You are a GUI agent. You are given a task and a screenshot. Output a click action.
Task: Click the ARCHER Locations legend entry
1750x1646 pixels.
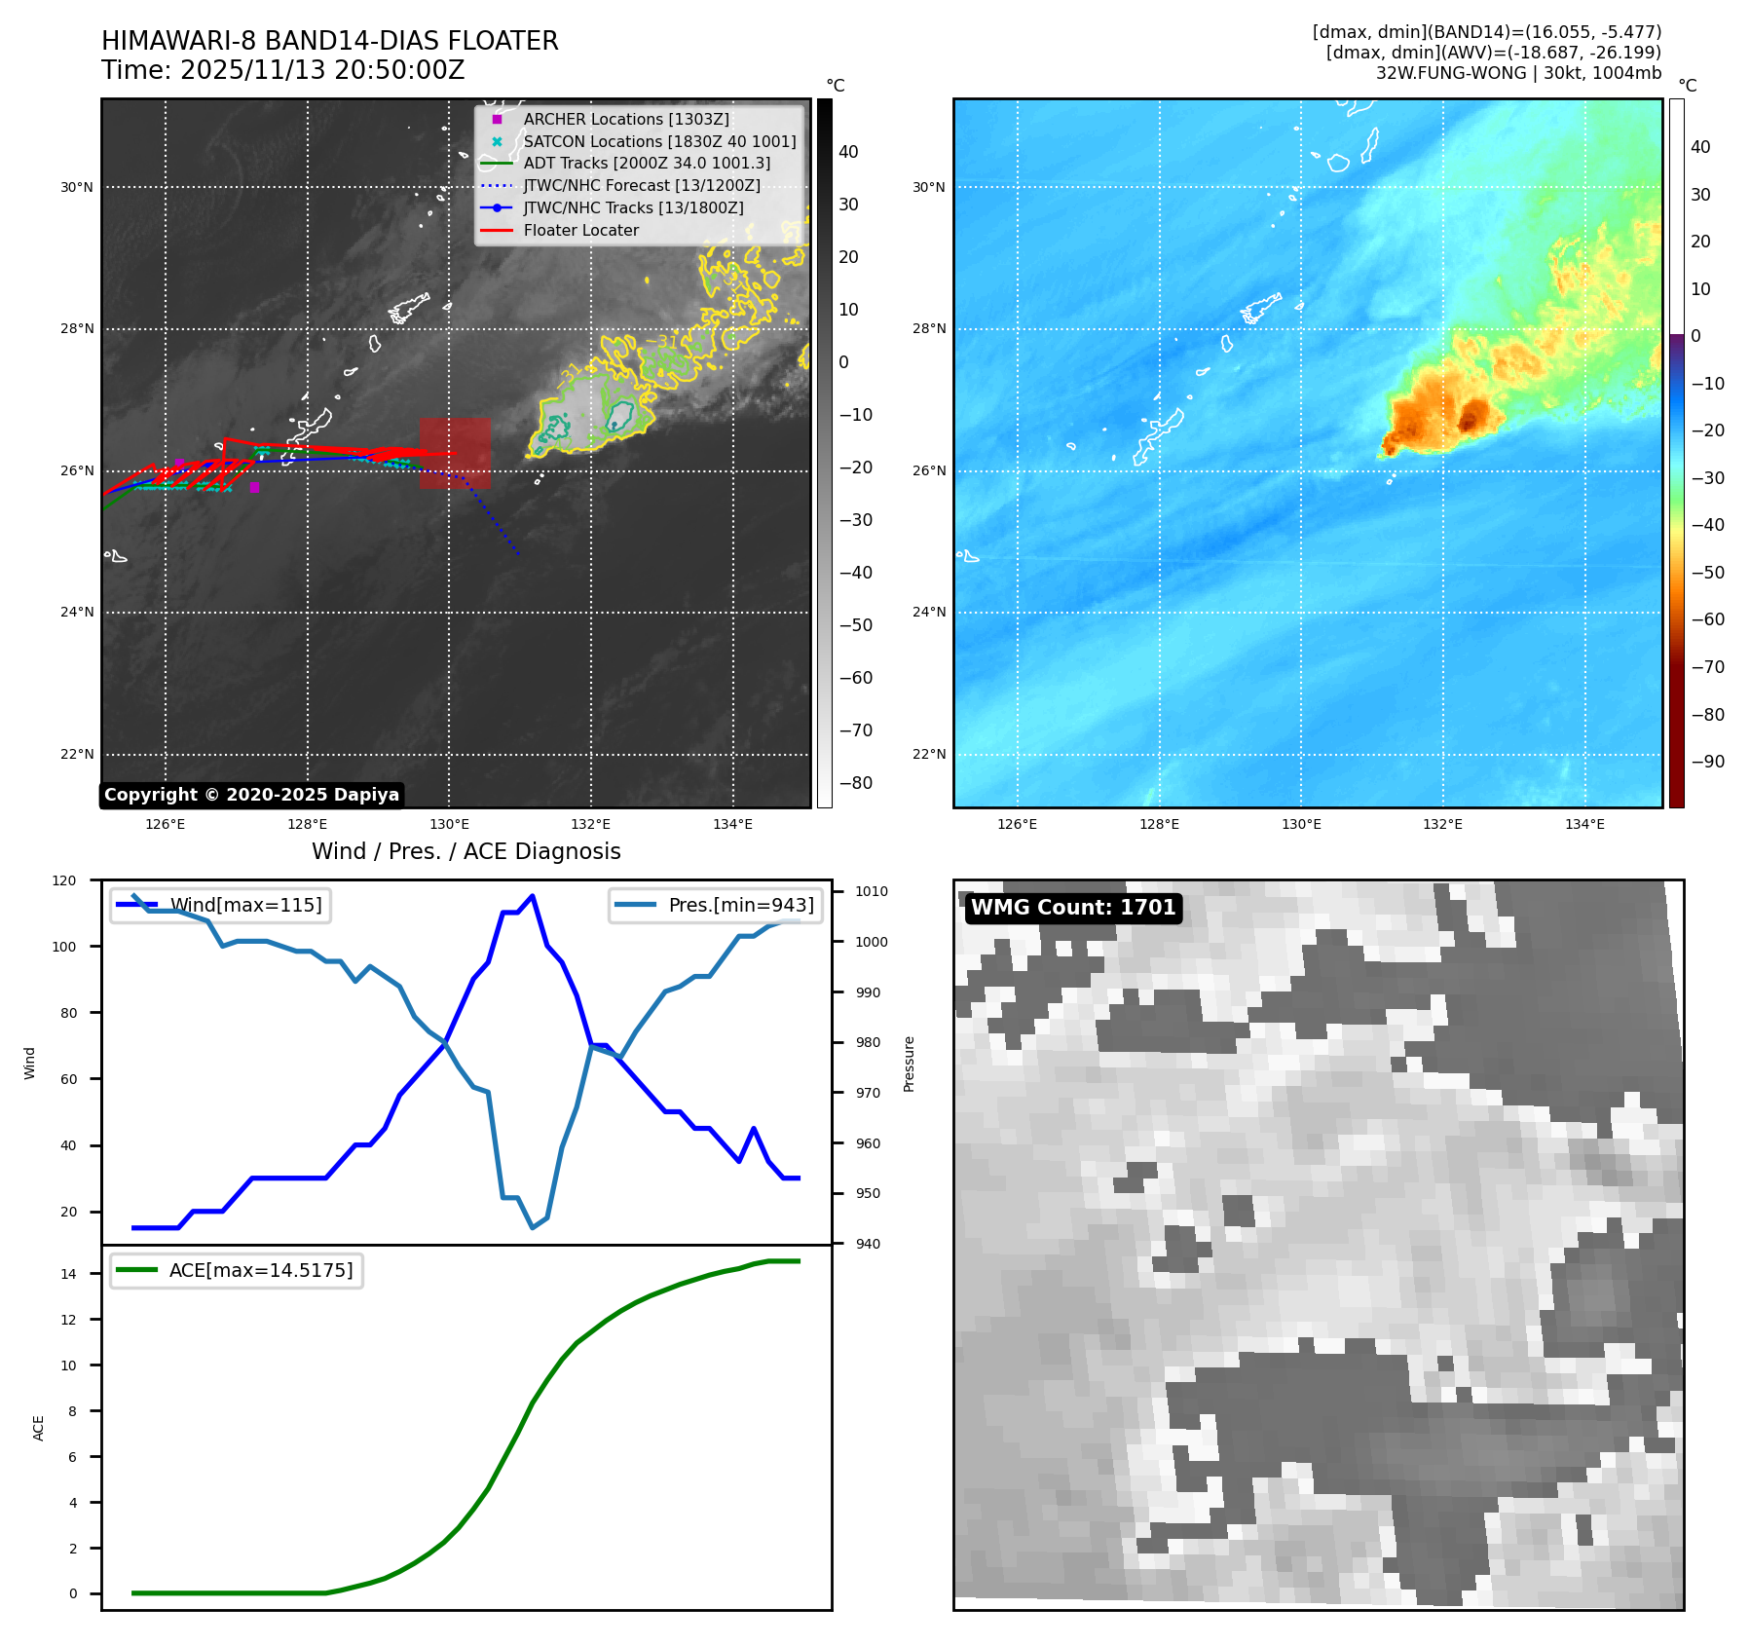[x=625, y=119]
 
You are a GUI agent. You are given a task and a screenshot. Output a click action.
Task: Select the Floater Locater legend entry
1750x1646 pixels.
[x=580, y=230]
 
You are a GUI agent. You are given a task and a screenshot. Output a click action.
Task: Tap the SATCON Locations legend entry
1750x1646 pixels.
[x=658, y=141]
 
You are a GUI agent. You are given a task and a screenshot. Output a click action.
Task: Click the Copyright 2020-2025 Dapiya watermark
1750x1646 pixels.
[x=251, y=795]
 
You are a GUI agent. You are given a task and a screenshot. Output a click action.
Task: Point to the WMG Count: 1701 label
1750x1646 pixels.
[x=1073, y=907]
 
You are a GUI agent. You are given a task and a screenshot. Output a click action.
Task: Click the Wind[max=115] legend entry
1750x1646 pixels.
[x=245, y=905]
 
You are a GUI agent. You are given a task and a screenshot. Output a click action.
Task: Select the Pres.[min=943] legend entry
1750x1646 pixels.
[x=740, y=905]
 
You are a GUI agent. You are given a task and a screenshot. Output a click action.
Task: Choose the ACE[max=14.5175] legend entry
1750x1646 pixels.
[x=260, y=1270]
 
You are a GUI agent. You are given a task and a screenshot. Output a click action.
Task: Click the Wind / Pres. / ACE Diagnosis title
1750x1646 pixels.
[x=465, y=851]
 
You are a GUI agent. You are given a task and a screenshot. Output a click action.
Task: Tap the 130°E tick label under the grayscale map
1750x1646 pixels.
[x=449, y=824]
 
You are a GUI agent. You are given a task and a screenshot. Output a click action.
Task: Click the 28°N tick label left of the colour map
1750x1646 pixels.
[x=928, y=329]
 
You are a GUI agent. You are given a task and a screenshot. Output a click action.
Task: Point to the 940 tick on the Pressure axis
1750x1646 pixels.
[x=868, y=1244]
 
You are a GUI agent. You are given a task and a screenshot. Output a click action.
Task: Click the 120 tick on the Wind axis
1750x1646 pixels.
[x=64, y=880]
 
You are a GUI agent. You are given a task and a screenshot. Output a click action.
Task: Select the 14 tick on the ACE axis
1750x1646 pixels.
[x=68, y=1274]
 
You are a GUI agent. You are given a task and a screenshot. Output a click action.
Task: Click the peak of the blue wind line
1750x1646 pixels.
[x=532, y=896]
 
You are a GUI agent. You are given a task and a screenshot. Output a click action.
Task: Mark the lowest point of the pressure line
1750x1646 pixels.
[x=532, y=1227]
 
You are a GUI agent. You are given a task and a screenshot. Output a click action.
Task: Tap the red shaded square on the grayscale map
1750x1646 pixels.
[x=455, y=453]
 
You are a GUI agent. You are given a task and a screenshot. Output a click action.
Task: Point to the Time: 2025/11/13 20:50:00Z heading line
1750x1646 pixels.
[x=282, y=70]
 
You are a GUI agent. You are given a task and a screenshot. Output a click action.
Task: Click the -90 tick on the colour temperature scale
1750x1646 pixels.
[x=1707, y=762]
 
